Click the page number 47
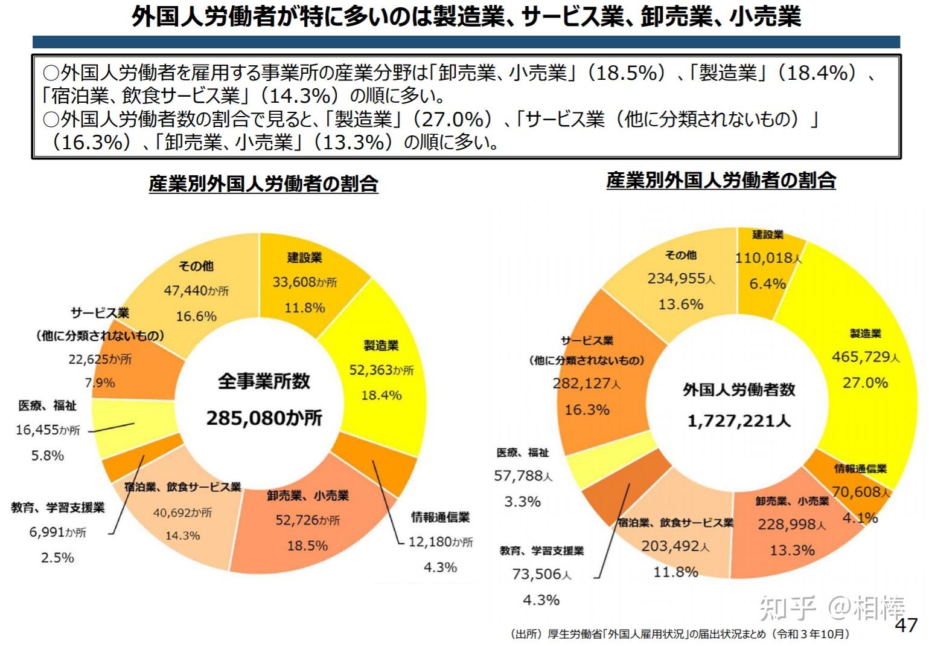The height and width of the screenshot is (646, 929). coord(905,625)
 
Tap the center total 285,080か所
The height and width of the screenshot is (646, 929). coord(264,418)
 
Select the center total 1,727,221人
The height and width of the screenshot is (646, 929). coord(739,421)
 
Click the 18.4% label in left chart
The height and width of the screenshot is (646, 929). coord(381,395)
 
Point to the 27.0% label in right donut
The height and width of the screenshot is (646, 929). coord(865,383)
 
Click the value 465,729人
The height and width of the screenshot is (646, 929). coord(865,357)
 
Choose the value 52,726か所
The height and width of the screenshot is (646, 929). coord(307,520)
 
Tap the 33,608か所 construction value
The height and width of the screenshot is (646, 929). coord(304,282)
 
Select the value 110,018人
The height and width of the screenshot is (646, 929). coord(768,258)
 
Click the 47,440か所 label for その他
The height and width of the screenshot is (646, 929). coord(196,291)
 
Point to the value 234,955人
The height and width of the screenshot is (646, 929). coord(681,279)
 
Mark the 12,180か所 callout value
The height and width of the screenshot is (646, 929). coord(440,542)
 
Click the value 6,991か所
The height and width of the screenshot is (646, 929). coord(57,532)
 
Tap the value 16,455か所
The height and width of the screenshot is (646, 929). coord(48,430)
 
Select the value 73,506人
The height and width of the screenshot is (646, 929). coord(541,575)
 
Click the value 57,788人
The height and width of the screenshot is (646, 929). coord(523,476)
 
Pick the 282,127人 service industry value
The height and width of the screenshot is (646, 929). coord(586,384)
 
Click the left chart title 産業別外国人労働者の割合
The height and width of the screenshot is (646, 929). coord(263,184)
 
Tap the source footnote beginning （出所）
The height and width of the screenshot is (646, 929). coord(679,634)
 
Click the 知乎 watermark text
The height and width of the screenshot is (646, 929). coord(787,607)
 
